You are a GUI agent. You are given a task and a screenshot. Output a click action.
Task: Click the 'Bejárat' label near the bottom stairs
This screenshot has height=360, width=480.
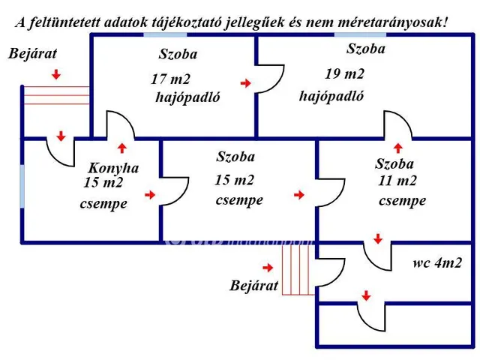[255, 286]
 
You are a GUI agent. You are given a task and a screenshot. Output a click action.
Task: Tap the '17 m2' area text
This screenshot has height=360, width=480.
[169, 78]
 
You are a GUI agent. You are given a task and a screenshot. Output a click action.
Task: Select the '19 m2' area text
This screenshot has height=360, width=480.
[344, 73]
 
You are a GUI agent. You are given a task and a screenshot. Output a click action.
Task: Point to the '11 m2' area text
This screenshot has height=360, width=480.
[397, 180]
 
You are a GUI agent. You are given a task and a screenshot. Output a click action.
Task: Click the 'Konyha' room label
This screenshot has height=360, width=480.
[113, 168]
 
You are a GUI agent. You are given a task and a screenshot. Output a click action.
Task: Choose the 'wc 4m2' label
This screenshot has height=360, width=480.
[436, 263]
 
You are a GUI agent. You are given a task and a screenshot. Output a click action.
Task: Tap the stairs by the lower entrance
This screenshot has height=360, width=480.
[295, 271]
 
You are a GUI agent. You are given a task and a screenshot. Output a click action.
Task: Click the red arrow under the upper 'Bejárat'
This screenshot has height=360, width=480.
[57, 75]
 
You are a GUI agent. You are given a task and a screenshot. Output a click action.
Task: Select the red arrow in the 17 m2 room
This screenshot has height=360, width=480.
[245, 83]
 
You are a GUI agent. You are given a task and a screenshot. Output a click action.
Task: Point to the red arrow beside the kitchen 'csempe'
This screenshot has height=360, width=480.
[150, 195]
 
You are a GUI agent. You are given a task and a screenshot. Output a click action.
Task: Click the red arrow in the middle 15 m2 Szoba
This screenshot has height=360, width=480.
[299, 195]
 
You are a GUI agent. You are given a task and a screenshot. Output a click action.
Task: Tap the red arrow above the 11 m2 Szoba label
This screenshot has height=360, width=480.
[398, 148]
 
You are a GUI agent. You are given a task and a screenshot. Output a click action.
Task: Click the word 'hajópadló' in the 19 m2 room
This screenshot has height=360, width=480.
[331, 96]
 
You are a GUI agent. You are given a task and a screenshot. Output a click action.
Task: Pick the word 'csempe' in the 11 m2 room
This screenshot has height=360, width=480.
[402, 201]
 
